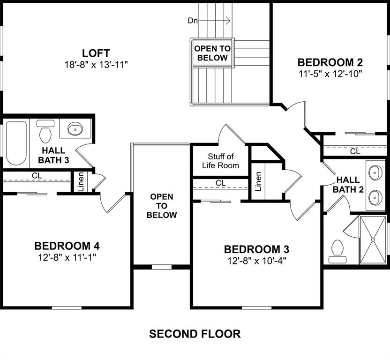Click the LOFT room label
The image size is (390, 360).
tap(96, 52)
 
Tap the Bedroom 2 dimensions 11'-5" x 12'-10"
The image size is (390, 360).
tap(330, 74)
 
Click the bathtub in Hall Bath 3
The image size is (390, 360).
tap(16, 143)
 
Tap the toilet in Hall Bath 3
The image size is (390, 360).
tap(45, 132)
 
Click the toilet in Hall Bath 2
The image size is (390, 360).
tap(336, 251)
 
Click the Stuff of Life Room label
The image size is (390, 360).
tap(220, 161)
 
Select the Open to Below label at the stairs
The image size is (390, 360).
tap(212, 53)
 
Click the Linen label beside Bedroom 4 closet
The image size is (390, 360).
tap(80, 181)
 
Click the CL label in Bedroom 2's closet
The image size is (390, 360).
tap(355, 151)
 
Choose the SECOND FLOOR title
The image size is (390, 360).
tap(195, 334)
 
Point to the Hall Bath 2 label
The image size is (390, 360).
tap(348, 184)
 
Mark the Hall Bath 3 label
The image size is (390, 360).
tap(53, 155)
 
